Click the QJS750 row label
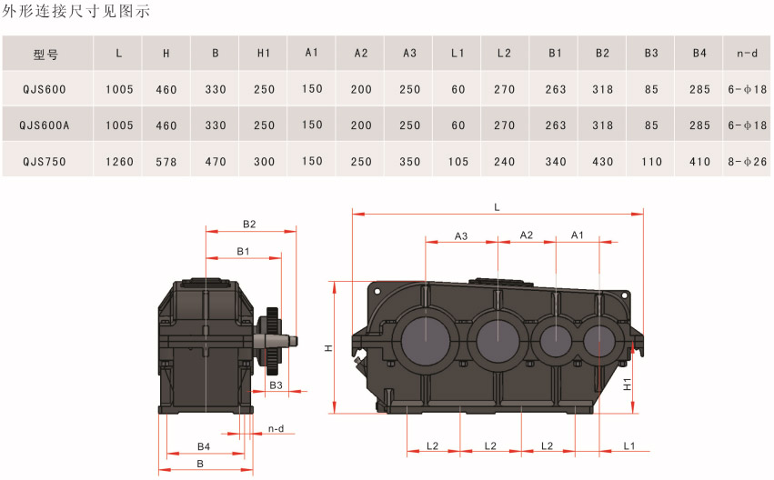tap(45, 161)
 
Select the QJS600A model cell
tap(45, 125)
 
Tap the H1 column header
tap(264, 53)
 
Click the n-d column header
tap(747, 53)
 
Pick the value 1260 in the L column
tap(119, 161)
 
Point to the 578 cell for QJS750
tap(166, 161)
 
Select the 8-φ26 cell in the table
tap(748, 161)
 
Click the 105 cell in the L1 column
tap(458, 161)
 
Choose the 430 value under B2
tap(603, 161)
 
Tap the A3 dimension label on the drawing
tap(461, 236)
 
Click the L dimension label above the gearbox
tap(498, 207)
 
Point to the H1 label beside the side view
tap(627, 385)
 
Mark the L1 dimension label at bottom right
tap(628, 446)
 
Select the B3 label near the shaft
tap(276, 385)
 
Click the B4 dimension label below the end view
tap(204, 446)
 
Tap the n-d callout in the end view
tap(276, 429)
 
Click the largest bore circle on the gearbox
tap(425, 341)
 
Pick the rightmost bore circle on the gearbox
tap(599, 340)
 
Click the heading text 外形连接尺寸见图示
tap(75, 11)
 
